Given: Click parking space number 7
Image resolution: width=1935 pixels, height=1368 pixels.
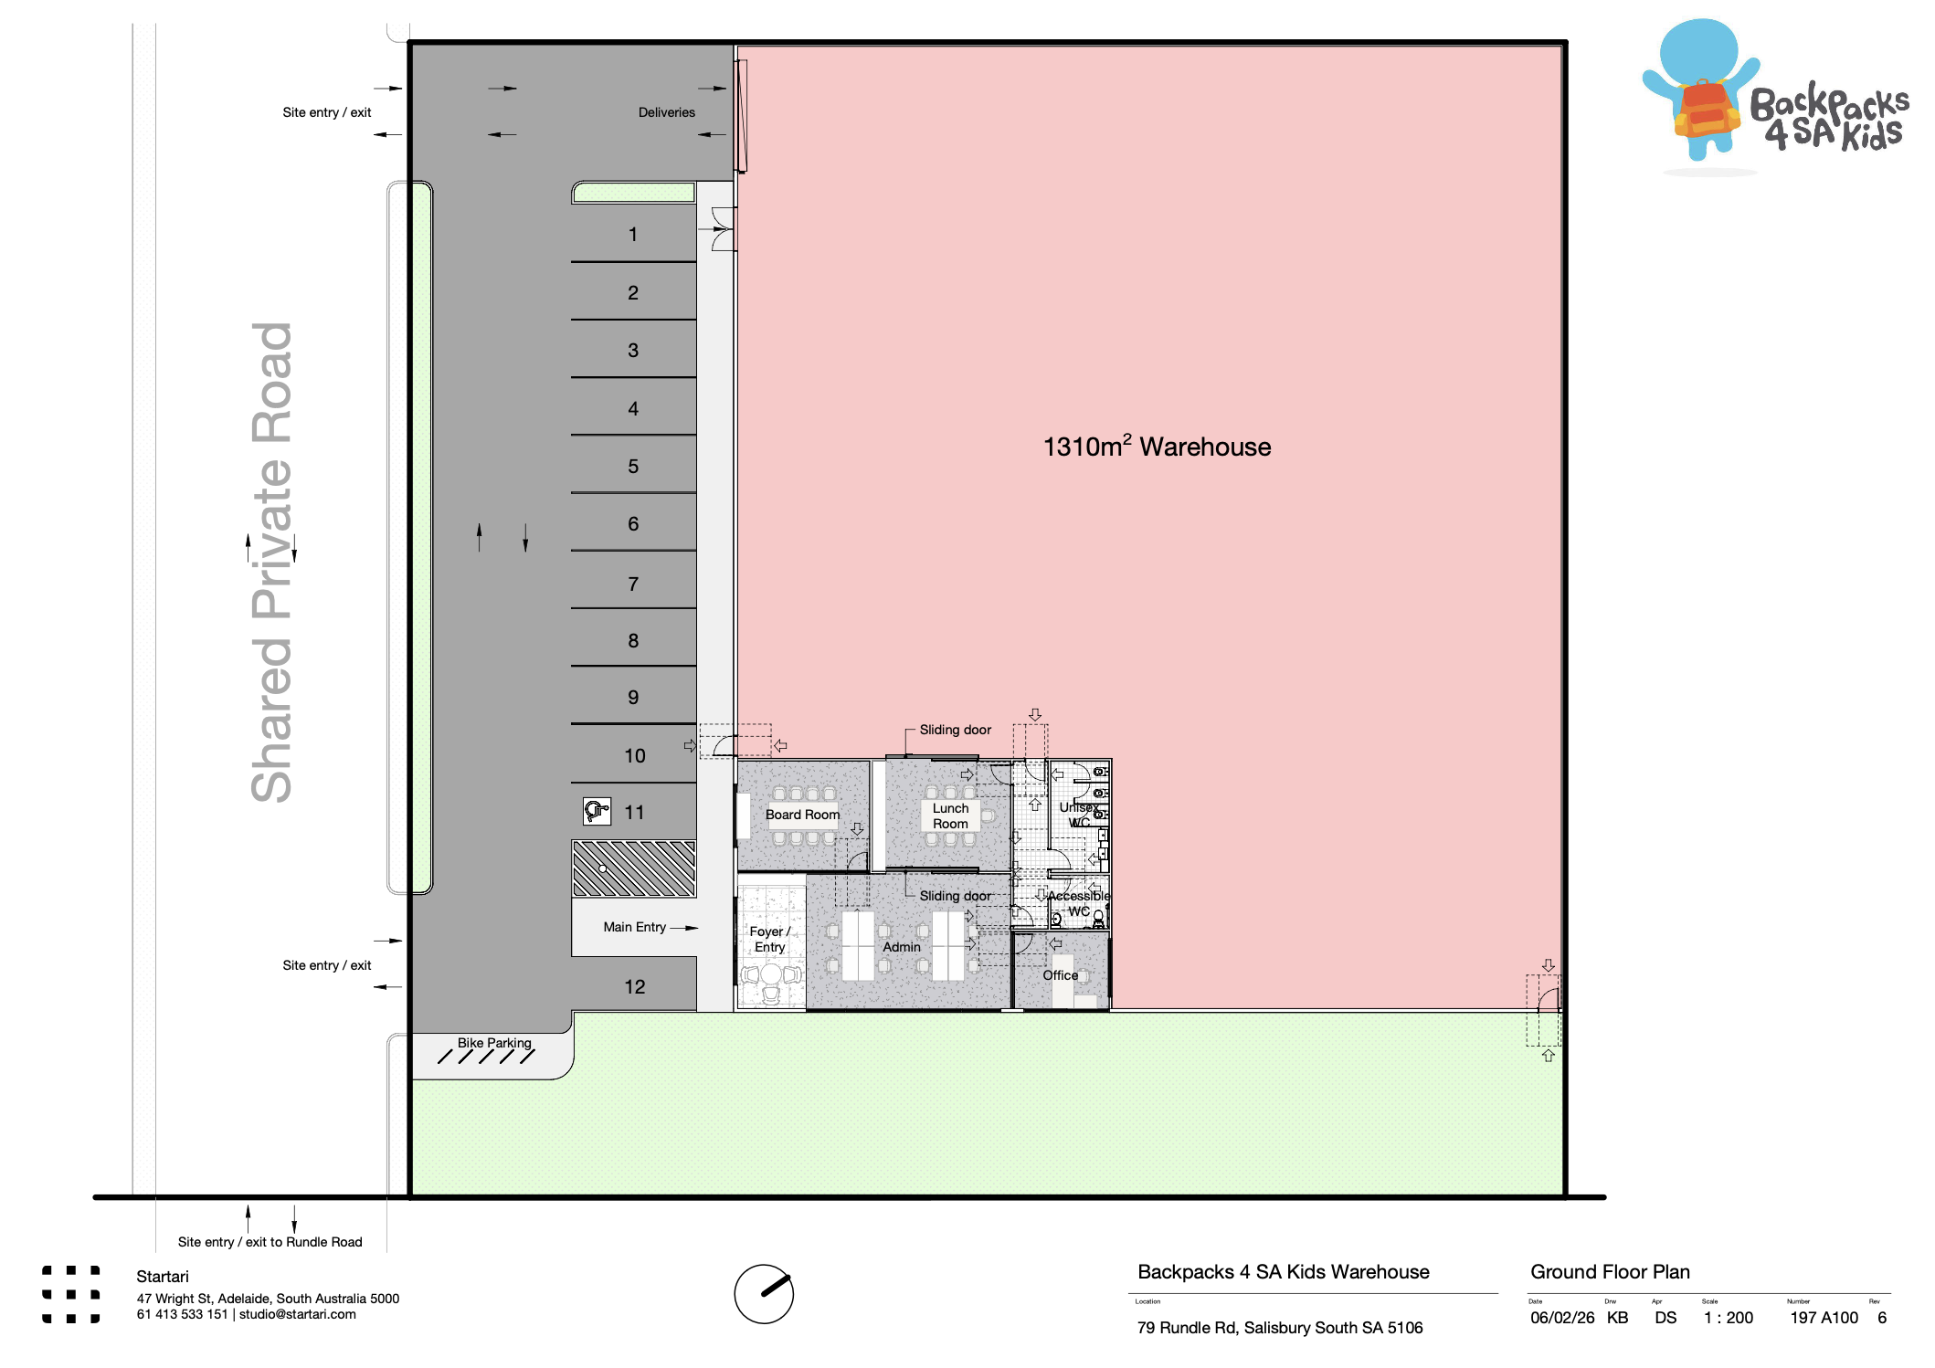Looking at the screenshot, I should (633, 584).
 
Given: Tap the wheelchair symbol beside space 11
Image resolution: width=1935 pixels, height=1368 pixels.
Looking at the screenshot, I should (597, 811).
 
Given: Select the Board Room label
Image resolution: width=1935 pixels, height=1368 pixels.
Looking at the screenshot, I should (802, 815).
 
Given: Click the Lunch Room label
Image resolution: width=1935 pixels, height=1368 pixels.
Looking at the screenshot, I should (950, 816).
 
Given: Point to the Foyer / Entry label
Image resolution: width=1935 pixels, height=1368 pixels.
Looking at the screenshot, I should (769, 939).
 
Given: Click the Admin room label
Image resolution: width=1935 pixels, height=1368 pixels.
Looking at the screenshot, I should (902, 947).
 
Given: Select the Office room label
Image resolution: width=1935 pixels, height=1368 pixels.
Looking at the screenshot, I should (1060, 975).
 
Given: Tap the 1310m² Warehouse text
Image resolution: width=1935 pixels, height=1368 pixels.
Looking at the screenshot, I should (1157, 447).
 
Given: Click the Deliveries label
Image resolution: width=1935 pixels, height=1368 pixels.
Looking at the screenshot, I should (666, 112).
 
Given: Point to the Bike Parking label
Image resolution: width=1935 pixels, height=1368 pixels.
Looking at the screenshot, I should (494, 1043).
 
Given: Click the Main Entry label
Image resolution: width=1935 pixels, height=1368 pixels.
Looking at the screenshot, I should (634, 927).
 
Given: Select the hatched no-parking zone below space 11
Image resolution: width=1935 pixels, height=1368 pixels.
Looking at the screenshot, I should (633, 868).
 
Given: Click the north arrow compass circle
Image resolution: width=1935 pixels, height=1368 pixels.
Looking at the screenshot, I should (764, 1294).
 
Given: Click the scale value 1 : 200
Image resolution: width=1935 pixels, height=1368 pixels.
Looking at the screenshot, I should (1729, 1318).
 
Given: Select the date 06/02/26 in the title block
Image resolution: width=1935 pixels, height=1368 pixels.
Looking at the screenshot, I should (1562, 1318).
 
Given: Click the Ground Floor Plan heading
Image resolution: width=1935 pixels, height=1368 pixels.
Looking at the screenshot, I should (1610, 1272).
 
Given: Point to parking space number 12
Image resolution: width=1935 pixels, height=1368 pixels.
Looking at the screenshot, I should (634, 987).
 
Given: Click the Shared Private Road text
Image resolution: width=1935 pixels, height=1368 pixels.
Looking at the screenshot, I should (271, 562).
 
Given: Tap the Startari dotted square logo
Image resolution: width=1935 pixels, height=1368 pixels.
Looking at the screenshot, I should (70, 1294).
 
